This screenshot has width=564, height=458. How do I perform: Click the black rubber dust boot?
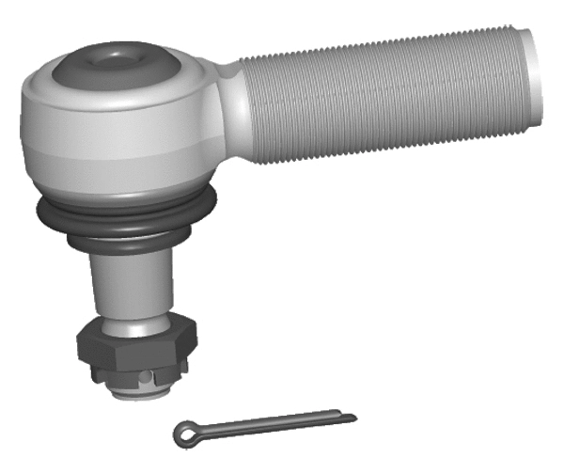[x=127, y=221]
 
